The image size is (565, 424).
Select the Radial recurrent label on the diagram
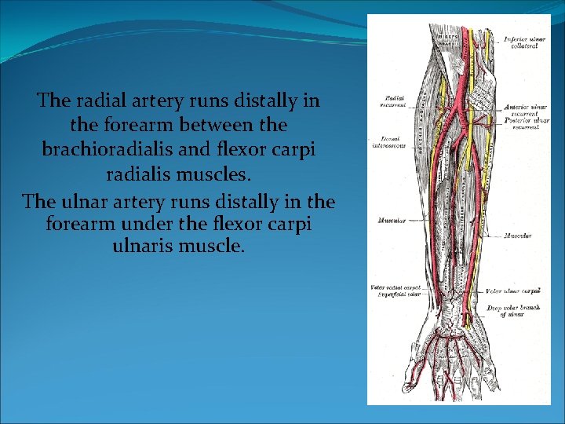(x=392, y=101)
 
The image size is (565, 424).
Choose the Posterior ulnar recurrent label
(x=527, y=125)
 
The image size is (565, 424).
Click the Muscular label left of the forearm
(x=391, y=221)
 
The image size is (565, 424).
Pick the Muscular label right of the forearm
(x=519, y=236)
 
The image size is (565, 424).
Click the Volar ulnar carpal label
(x=515, y=291)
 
